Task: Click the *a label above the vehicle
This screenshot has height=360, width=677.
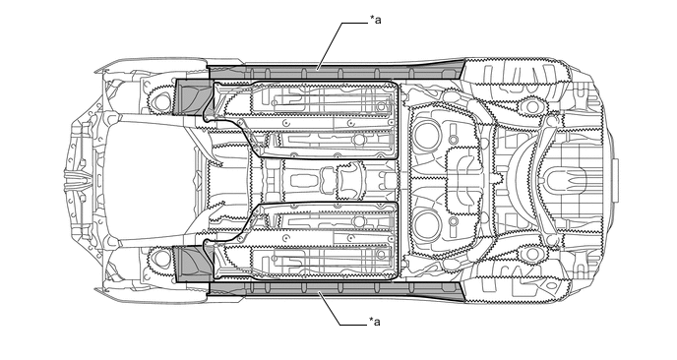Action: pos(375,20)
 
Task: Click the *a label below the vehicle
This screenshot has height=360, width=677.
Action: pos(375,322)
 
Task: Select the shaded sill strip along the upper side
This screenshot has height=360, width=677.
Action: pos(336,71)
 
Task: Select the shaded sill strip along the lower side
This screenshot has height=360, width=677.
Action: pos(336,289)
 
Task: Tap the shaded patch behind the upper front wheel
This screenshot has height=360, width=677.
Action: pos(193,97)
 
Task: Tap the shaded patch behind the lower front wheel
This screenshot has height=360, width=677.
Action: pos(193,264)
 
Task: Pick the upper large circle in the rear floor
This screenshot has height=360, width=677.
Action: pos(427,135)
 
